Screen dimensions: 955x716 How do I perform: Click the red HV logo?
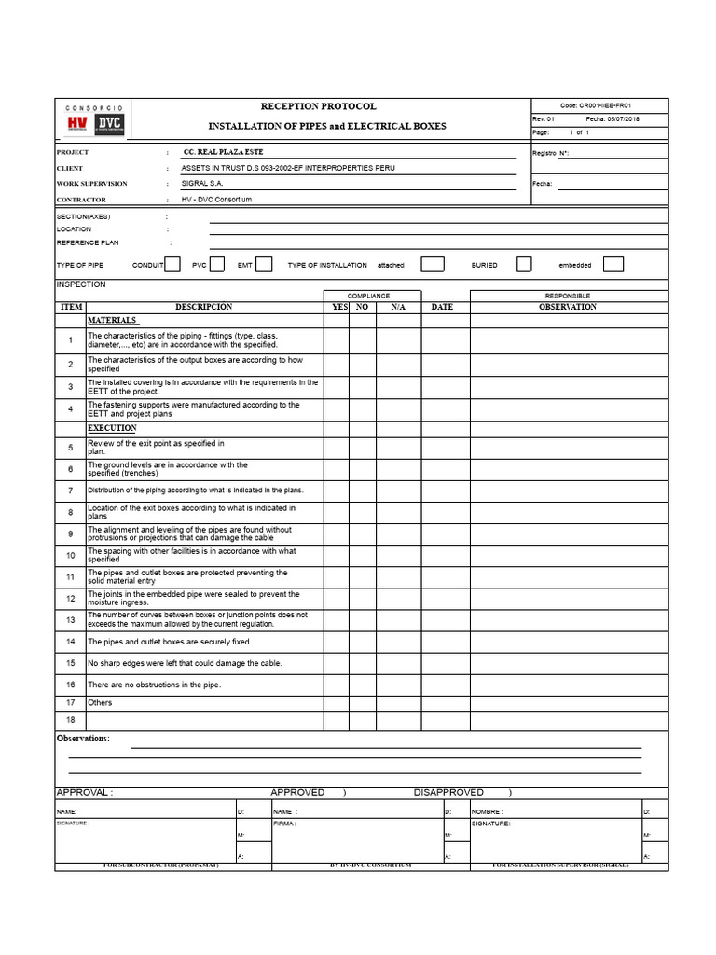click(x=77, y=124)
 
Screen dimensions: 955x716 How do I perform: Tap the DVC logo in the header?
click(x=110, y=124)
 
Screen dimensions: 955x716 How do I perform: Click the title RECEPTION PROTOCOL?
click(x=319, y=106)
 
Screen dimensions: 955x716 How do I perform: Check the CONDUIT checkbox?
click(x=172, y=265)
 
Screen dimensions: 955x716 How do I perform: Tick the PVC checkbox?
click(x=217, y=265)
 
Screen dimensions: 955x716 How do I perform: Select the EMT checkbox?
click(x=264, y=265)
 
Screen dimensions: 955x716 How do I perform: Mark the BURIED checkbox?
click(x=524, y=265)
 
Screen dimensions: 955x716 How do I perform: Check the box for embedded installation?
click(x=613, y=265)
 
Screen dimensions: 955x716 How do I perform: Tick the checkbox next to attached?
click(x=432, y=265)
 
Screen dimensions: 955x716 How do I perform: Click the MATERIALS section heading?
click(x=113, y=320)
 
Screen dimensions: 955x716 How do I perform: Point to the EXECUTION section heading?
click(x=112, y=428)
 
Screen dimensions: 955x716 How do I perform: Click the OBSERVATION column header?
click(x=567, y=307)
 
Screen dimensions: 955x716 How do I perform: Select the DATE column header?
click(x=442, y=307)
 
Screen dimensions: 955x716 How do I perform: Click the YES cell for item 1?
click(x=337, y=340)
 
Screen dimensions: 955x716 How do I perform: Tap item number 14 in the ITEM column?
click(x=70, y=642)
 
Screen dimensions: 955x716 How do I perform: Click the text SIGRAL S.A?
click(x=202, y=184)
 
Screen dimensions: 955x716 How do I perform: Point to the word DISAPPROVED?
click(x=448, y=792)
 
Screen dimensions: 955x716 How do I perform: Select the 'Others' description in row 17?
click(x=100, y=702)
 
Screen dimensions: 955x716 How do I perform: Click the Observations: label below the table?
click(x=83, y=739)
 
